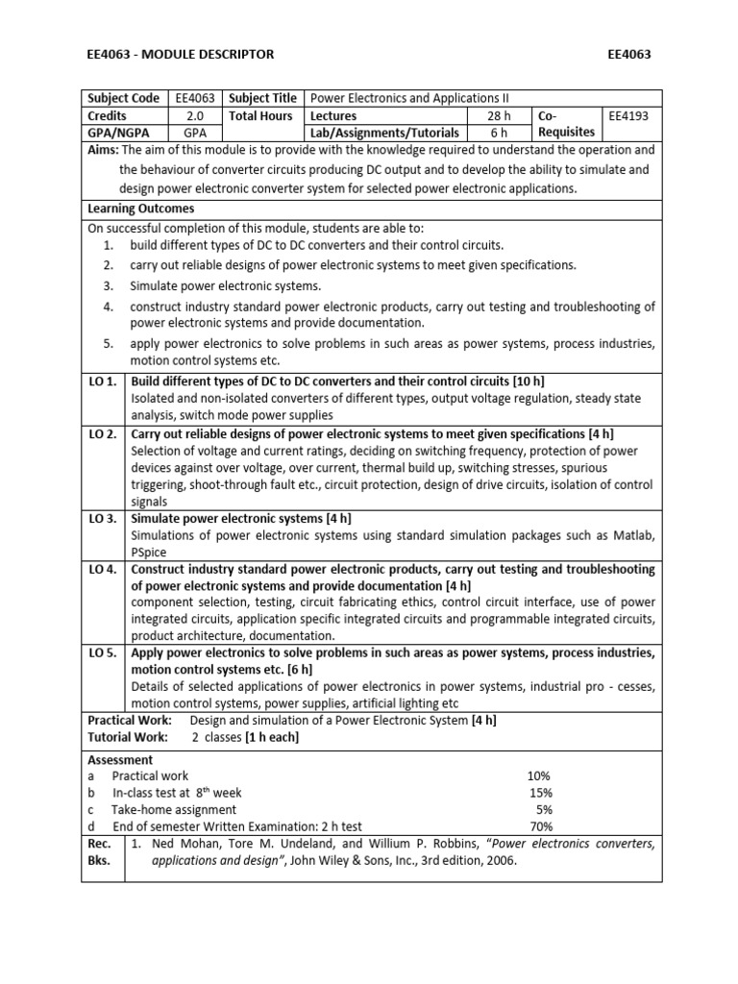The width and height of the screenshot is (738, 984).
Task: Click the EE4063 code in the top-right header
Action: [629, 54]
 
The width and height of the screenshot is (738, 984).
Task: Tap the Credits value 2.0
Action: [195, 115]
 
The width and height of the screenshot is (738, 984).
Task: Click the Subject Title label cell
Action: [262, 98]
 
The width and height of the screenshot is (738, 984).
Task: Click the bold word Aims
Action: [103, 150]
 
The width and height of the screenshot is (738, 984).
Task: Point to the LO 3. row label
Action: [103, 519]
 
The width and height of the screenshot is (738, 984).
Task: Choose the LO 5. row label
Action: [103, 653]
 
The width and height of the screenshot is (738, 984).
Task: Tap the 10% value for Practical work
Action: [539, 775]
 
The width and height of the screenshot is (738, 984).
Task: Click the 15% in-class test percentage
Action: [541, 793]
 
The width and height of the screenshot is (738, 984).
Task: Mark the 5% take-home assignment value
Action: [544, 809]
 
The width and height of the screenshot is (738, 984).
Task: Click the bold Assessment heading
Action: [120, 759]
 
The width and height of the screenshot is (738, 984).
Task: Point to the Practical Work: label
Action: [130, 720]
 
